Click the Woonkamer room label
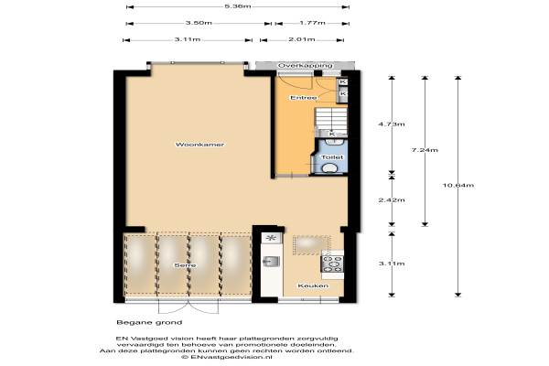tap(199, 145)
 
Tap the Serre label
tap(185, 265)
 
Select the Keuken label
tap(313, 285)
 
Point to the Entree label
tap(304, 98)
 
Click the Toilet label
tap(332, 157)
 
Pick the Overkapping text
tap(305, 66)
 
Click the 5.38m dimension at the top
tap(238, 6)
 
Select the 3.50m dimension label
tap(199, 23)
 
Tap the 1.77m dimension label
tap(312, 23)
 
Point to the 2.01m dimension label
tap(301, 39)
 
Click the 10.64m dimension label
tap(458, 185)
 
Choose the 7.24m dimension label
tap(425, 150)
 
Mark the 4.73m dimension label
tap(392, 124)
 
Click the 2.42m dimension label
tap(392, 200)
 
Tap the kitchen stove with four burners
tap(332, 264)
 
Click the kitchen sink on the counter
tap(272, 262)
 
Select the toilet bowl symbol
tap(329, 168)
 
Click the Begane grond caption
tap(149, 323)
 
